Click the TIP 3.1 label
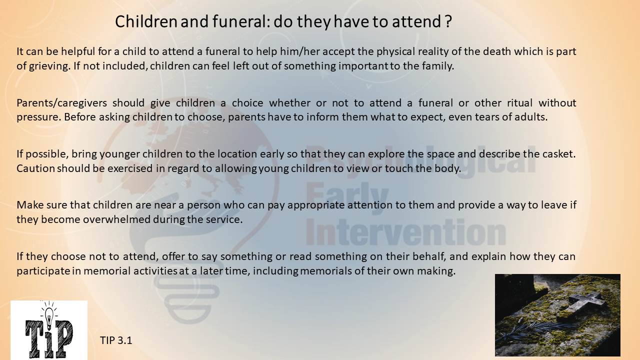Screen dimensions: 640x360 click(116, 340)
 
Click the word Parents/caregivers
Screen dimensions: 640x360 click(61, 103)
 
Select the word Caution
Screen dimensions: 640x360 click(35, 168)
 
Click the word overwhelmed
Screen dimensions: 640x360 click(116, 219)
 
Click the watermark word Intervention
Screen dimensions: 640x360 click(405, 231)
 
